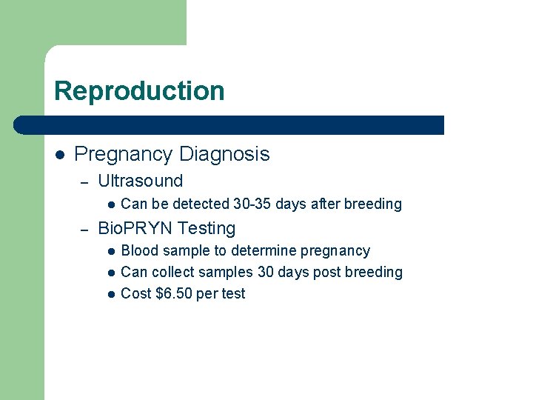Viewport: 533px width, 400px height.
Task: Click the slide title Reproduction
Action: [x=139, y=91]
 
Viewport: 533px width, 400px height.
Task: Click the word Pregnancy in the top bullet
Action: [x=121, y=154]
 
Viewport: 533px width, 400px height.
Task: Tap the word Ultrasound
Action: [x=141, y=181]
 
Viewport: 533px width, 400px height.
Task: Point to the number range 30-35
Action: [x=252, y=204]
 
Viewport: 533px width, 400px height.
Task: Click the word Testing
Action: [x=207, y=229]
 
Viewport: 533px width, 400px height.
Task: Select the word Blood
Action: [x=138, y=251]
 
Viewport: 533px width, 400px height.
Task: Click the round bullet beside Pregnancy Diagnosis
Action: [x=59, y=155]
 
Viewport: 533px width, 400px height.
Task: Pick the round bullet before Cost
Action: [x=110, y=294]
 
